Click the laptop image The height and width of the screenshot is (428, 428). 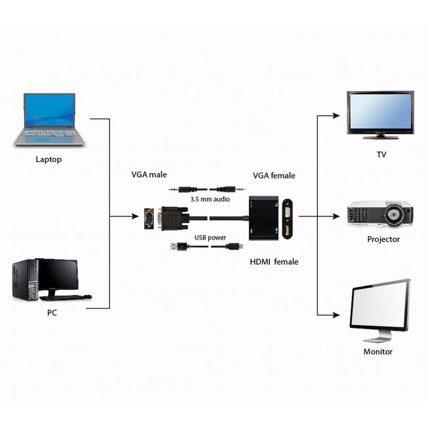(x=50, y=119)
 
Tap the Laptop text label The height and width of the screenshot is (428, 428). (x=49, y=159)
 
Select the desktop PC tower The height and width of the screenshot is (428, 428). (x=24, y=281)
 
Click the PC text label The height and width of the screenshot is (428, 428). (x=52, y=313)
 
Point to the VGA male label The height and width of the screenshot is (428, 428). (x=149, y=175)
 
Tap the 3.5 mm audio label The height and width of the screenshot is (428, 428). (x=209, y=198)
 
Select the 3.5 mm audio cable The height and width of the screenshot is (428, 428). (x=202, y=188)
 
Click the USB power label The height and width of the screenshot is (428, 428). (x=210, y=237)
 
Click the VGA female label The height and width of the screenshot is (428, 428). (x=274, y=176)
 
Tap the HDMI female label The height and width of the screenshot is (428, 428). (x=274, y=261)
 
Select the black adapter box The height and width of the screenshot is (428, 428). (x=271, y=217)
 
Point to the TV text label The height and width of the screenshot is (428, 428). (x=381, y=155)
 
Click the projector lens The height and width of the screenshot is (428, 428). (x=397, y=215)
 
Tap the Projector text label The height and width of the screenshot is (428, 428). (x=383, y=239)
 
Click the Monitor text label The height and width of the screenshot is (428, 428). (x=378, y=352)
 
